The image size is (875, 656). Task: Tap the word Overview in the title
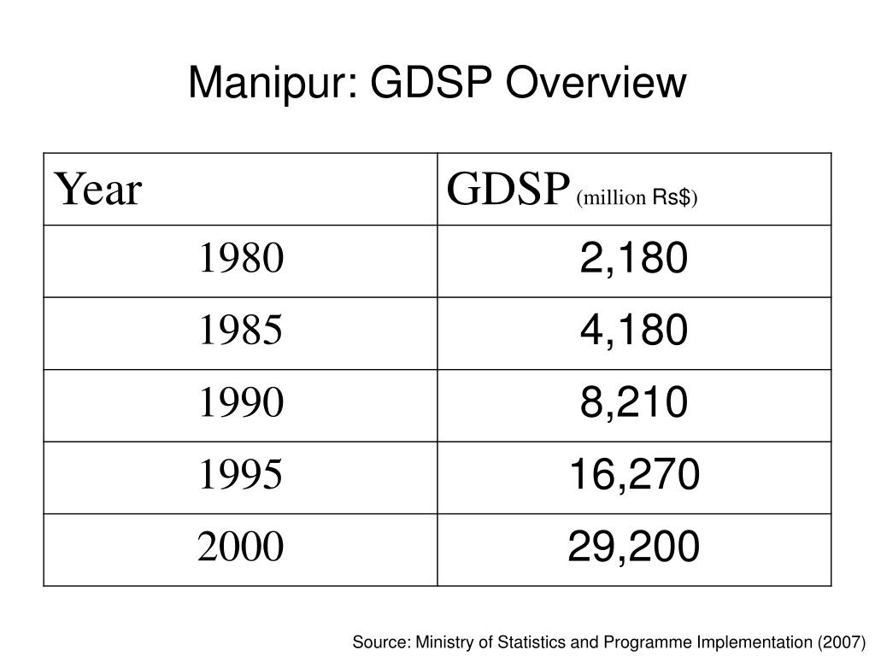tap(596, 83)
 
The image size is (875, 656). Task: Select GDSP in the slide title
tap(432, 83)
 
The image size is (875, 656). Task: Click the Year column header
tap(97, 190)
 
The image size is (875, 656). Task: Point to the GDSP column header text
tap(508, 190)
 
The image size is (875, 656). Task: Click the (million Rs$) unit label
tap(637, 197)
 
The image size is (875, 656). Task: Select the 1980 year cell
tap(241, 258)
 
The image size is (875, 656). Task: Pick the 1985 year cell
tap(241, 331)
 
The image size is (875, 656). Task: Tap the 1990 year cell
tap(241, 402)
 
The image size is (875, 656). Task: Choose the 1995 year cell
tap(241, 475)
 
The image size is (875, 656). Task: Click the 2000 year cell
tap(240, 547)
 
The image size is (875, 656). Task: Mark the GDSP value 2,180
tap(634, 259)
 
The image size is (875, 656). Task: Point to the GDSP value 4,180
tap(634, 331)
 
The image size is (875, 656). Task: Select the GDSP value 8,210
tap(634, 403)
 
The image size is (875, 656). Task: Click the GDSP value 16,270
tap(635, 475)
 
